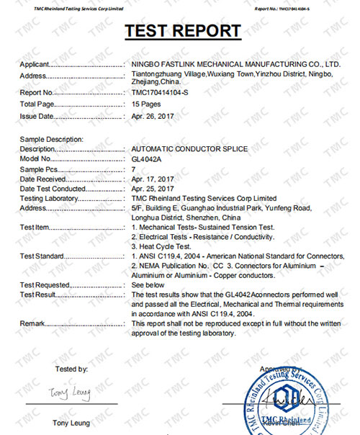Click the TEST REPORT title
point(183,31)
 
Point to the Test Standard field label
point(42,256)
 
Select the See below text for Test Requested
point(149,285)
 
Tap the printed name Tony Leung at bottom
point(71,422)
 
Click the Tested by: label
point(71,369)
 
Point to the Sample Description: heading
point(52,138)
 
